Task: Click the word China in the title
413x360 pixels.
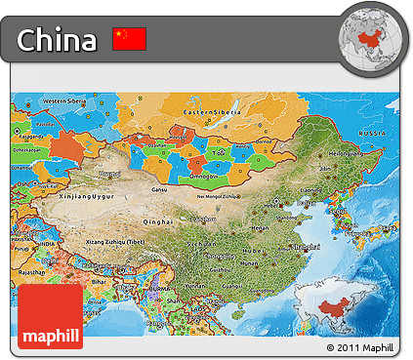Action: coord(58,40)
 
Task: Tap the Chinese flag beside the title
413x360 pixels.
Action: coord(129,39)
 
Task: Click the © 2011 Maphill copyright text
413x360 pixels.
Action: coord(361,347)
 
